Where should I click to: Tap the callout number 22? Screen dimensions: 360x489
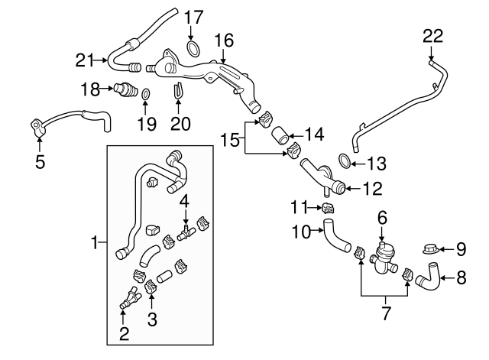pyautogui.click(x=432, y=35)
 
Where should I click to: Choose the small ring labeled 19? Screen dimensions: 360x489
pyautogui.click(x=145, y=94)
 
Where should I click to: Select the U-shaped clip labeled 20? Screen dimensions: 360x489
pyautogui.click(x=178, y=91)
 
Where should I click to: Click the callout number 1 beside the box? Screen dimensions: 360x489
pyautogui.click(x=96, y=243)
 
